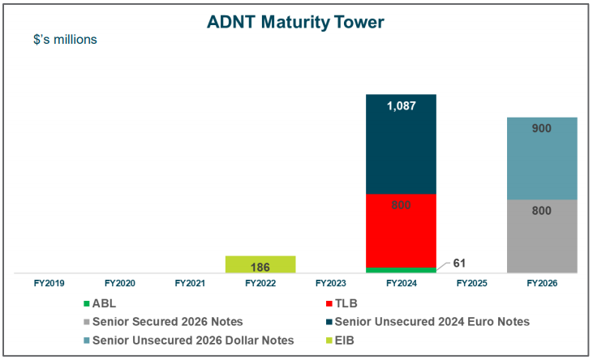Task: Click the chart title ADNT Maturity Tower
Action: click(296, 22)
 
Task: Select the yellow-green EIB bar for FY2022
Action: click(260, 264)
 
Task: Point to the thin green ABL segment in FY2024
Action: click(401, 270)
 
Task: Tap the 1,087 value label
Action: click(401, 105)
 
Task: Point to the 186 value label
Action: click(260, 265)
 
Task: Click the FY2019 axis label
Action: click(49, 284)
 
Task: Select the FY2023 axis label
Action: click(331, 284)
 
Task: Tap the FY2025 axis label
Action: click(471, 284)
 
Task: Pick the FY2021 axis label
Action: click(190, 284)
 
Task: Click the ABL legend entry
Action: click(105, 303)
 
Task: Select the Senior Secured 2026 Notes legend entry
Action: click(162, 322)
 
